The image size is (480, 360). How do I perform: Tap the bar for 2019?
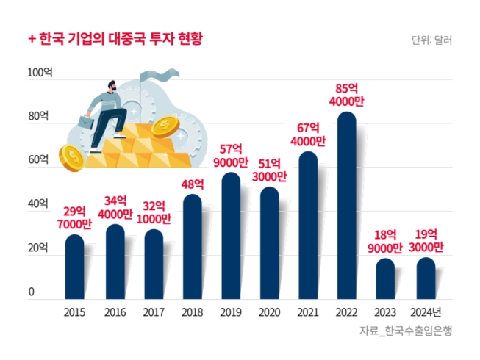pyautogui.click(x=230, y=236)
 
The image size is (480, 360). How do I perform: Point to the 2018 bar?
pyautogui.click(x=192, y=247)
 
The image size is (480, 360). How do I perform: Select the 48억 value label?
pyautogui.click(x=192, y=184)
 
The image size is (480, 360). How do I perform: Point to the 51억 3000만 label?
pyautogui.click(x=270, y=170)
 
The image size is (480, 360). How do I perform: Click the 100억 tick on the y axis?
pyautogui.click(x=40, y=73)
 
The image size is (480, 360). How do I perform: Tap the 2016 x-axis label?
pyautogui.click(x=114, y=312)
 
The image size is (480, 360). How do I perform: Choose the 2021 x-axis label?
pyautogui.click(x=307, y=312)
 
